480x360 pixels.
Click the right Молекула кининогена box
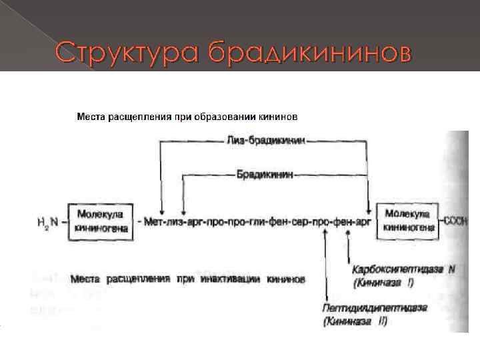[409, 222]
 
